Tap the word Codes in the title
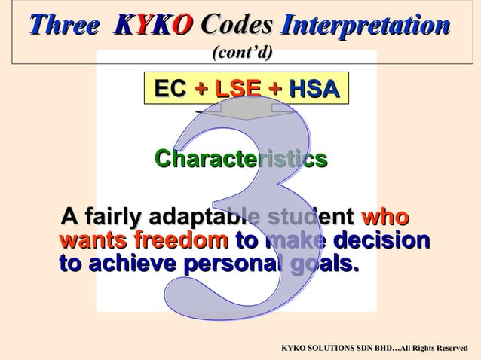point(236,25)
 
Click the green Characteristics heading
point(240,160)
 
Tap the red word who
point(385,218)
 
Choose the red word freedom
point(181,242)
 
